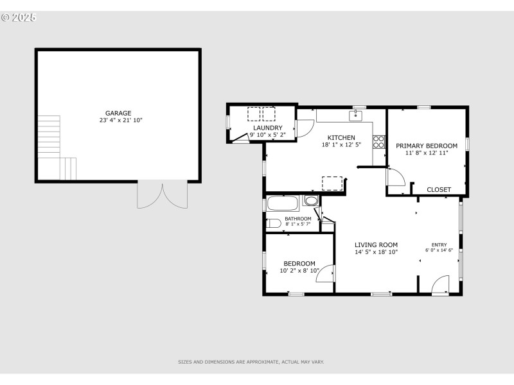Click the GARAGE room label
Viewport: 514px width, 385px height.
pyautogui.click(x=118, y=113)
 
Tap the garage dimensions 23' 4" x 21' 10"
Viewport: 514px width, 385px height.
pyautogui.click(x=121, y=120)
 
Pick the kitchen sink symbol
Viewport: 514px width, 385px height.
pyautogui.click(x=355, y=116)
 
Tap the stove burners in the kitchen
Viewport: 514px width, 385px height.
pyautogui.click(x=379, y=141)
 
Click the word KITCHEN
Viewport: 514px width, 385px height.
pyautogui.click(x=341, y=138)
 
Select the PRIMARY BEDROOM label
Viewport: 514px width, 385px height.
pyautogui.click(x=427, y=146)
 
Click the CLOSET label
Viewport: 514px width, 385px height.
pyautogui.click(x=439, y=189)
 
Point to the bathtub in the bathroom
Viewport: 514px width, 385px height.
pyautogui.click(x=283, y=204)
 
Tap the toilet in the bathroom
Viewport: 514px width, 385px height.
pyautogui.click(x=274, y=223)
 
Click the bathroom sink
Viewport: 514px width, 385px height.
pyautogui.click(x=312, y=201)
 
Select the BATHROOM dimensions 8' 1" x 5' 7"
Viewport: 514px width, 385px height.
pyautogui.click(x=298, y=225)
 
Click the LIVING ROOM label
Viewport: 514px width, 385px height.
pyautogui.click(x=376, y=244)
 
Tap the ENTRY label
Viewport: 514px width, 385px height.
pyautogui.click(x=439, y=244)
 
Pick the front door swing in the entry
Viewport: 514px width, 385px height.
pyautogui.click(x=440, y=284)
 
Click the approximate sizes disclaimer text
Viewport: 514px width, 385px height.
pyautogui.click(x=251, y=362)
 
